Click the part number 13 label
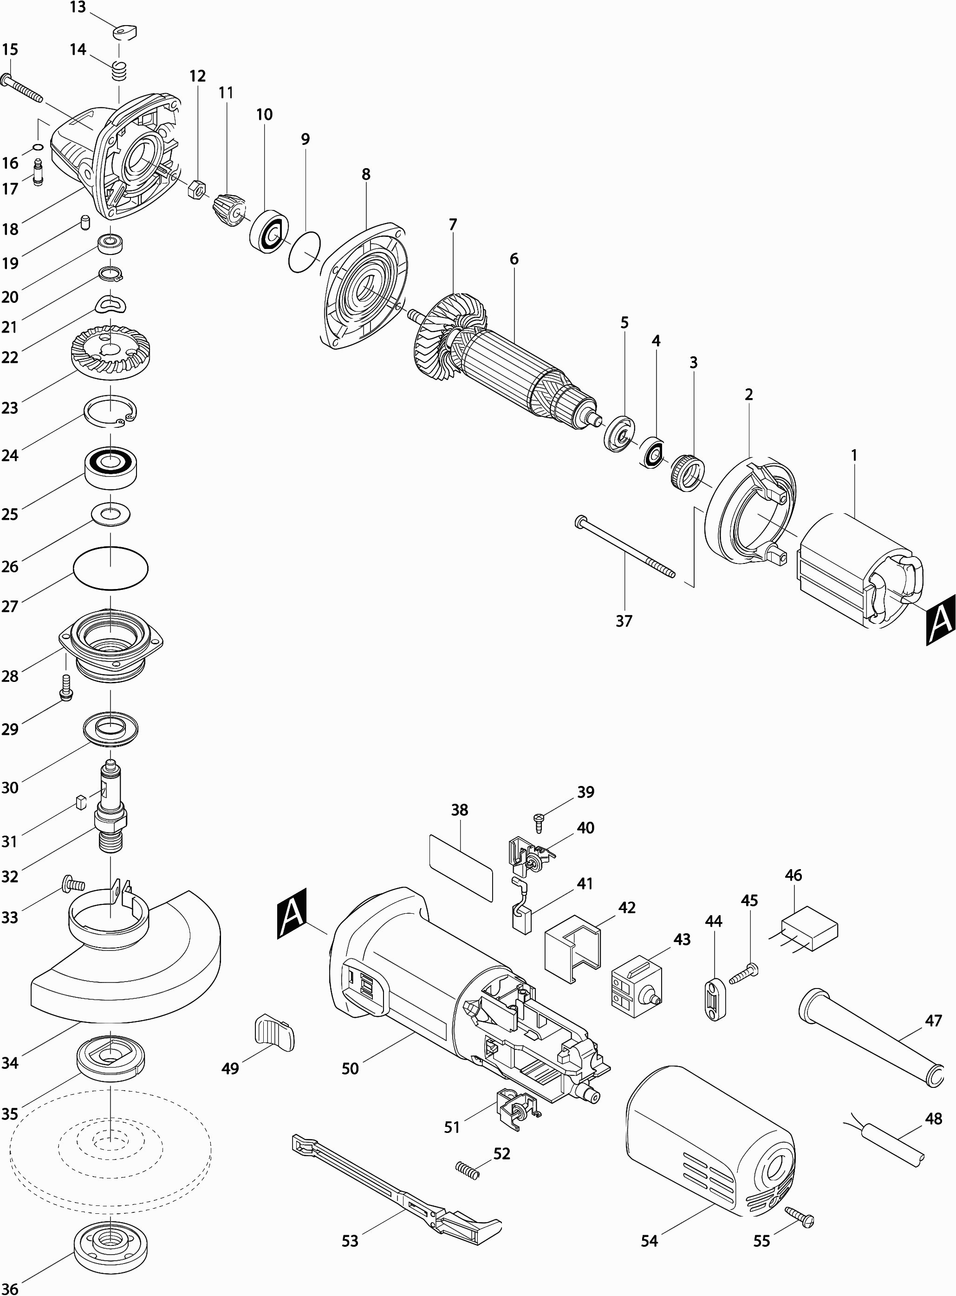[78, 7]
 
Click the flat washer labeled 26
[111, 513]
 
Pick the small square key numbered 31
[81, 802]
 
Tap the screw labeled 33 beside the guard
[72, 884]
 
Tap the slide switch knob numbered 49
[273, 1031]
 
